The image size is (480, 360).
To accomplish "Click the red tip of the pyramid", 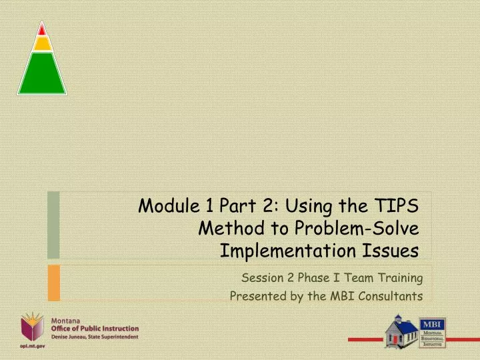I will click(x=42, y=29).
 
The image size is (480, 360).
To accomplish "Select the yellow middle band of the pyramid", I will click(x=42, y=44).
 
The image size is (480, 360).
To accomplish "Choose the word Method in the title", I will click(x=227, y=229).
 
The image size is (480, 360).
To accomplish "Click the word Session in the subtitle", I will click(x=262, y=277).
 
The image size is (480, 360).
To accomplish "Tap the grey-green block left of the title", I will click(x=53, y=225).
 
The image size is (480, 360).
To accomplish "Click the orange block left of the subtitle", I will click(x=53, y=282).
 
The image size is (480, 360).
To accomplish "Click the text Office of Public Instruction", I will click(x=95, y=329).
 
